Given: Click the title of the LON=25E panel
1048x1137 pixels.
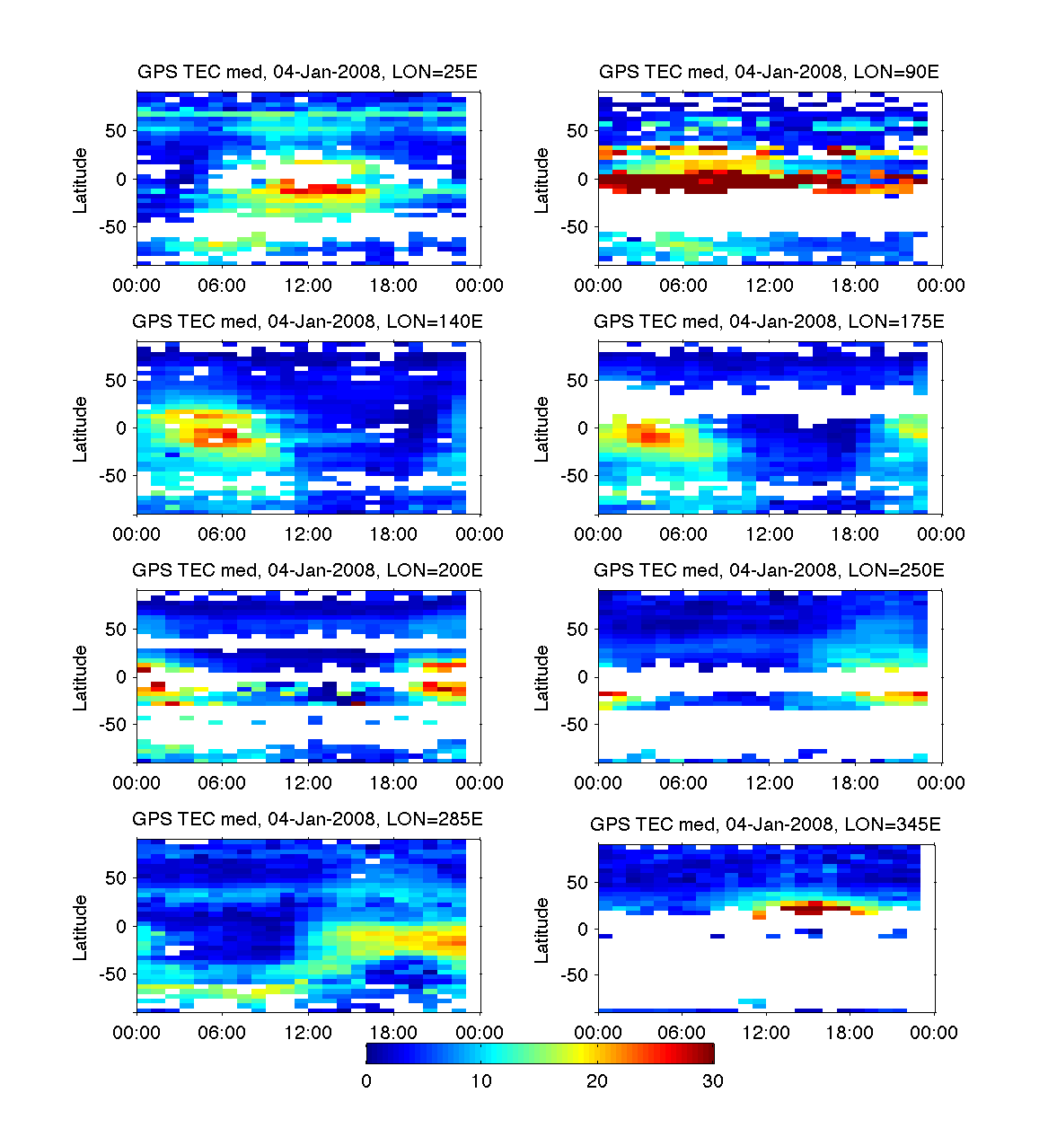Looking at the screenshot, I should coord(307,72).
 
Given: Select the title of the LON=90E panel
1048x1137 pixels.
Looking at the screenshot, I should coord(769,72).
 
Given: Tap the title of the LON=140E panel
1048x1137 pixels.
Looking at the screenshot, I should coord(307,321).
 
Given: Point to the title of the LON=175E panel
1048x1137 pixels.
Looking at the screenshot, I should coord(769,321).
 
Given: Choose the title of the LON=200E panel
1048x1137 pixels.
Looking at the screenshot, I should coord(307,569).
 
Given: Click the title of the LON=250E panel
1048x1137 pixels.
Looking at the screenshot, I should coord(769,569).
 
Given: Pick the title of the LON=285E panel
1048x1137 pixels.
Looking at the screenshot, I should coord(307,818).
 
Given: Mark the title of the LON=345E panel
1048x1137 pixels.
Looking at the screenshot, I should coord(765,824).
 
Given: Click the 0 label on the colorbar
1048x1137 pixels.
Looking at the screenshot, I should coord(366,1080).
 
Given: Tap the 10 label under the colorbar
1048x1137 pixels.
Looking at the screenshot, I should coord(481,1080).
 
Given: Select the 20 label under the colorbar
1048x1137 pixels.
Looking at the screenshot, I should coord(597,1080).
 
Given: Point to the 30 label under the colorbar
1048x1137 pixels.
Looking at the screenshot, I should coord(712,1080).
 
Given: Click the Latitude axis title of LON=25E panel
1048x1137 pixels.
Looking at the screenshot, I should coord(81,180).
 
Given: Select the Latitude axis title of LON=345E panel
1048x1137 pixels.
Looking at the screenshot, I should coord(542,930).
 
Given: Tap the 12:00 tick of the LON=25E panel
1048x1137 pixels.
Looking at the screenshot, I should coord(308,286).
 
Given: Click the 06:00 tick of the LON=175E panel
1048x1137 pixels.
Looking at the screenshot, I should coord(683,534).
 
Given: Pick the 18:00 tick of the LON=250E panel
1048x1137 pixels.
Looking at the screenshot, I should coord(855,783).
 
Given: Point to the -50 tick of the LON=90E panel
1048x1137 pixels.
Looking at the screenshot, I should coord(575,227).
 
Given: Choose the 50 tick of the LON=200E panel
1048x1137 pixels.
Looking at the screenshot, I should coord(116,629).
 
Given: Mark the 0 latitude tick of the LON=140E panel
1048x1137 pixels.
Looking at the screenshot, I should coord(121,428).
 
